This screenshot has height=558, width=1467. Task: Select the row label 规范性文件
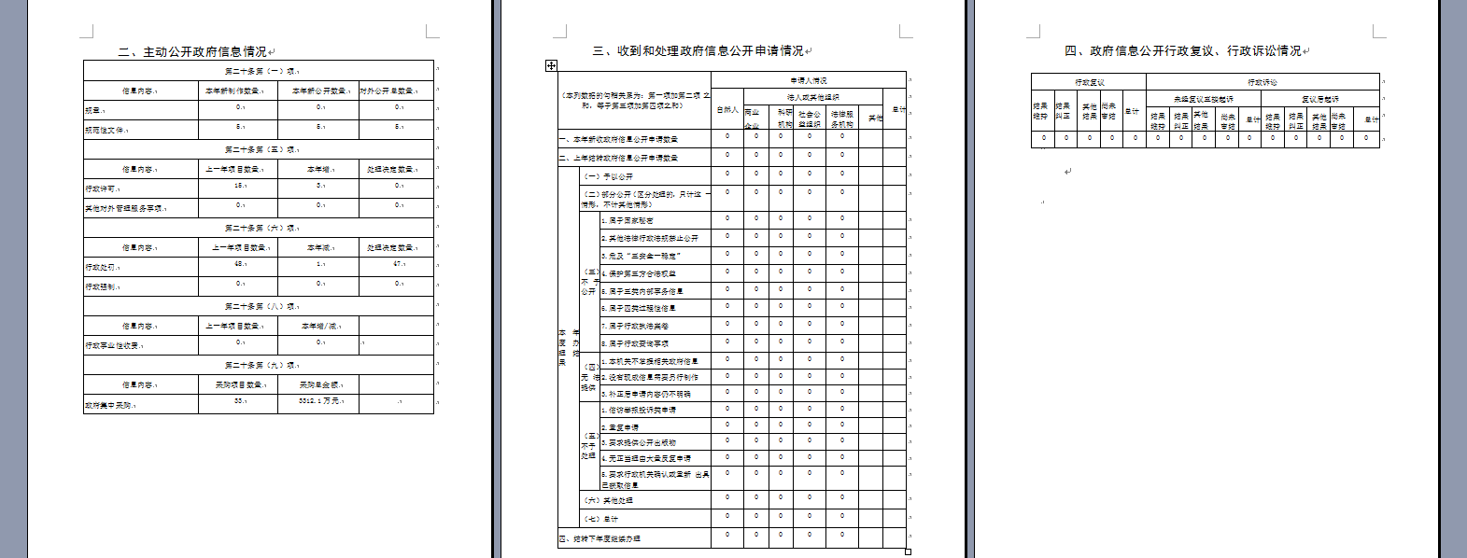[x=105, y=131]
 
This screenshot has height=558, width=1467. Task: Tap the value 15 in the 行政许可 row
[x=239, y=186]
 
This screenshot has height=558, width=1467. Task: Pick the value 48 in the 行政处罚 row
[x=239, y=264]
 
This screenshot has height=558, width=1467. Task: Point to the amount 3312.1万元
[x=318, y=401]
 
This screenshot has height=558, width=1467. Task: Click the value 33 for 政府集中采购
[x=239, y=401]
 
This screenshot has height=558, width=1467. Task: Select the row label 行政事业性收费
[x=113, y=346]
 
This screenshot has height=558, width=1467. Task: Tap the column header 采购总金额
[x=318, y=384]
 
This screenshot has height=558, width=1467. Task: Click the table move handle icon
[x=551, y=65]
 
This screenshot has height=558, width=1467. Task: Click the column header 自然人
[x=727, y=110]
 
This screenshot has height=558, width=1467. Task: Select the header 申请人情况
[x=809, y=81]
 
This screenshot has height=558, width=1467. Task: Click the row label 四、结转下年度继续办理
[x=599, y=539]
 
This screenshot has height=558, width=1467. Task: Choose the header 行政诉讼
[x=1262, y=82]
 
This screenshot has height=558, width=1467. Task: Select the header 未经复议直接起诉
[x=1204, y=99]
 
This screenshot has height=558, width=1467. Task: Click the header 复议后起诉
[x=1320, y=99]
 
